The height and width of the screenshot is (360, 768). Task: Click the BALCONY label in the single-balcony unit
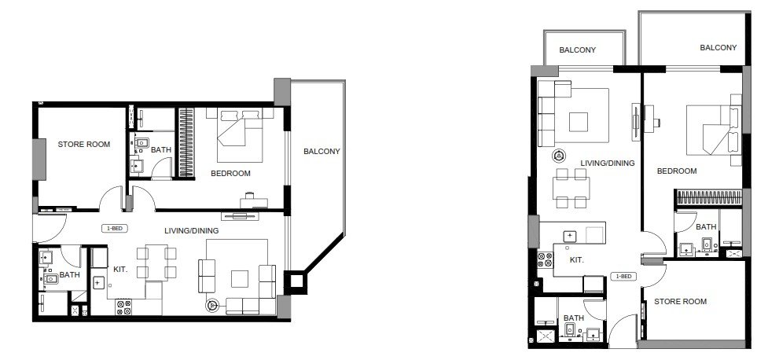click(x=322, y=152)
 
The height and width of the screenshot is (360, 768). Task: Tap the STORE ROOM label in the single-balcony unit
click(x=84, y=145)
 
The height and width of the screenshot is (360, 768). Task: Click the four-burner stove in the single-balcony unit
click(x=124, y=307)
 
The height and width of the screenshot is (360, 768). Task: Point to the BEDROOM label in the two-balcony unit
click(x=676, y=171)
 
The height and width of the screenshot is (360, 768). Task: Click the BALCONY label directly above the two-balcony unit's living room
click(x=578, y=50)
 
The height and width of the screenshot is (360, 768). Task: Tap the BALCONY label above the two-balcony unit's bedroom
click(x=718, y=47)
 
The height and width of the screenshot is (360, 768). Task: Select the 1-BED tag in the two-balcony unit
click(x=623, y=276)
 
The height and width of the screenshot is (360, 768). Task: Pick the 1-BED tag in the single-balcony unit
click(x=112, y=228)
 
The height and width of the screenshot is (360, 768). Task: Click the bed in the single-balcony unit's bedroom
click(x=240, y=134)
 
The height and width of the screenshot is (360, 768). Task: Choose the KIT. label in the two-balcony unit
click(x=576, y=260)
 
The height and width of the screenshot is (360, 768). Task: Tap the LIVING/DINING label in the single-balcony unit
click(x=192, y=230)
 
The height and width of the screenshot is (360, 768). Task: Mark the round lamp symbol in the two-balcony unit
click(x=558, y=156)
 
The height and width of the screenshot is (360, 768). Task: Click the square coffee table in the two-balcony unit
click(x=579, y=122)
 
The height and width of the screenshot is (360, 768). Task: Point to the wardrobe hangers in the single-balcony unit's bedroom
click(x=186, y=142)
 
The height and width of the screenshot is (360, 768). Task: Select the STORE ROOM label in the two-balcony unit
click(x=680, y=301)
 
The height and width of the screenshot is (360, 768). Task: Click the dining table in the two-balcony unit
click(x=571, y=188)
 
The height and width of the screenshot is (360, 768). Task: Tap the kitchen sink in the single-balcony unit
click(x=98, y=283)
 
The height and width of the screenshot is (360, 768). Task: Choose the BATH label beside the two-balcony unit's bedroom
click(x=706, y=227)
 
